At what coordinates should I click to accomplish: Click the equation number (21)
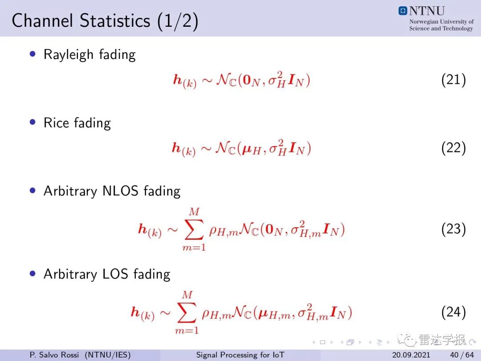pos(454,80)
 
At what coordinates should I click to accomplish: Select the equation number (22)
pos(454,148)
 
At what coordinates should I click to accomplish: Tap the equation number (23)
pos(454,230)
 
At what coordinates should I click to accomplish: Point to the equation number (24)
pos(454,312)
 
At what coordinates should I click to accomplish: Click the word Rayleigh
pos(69,55)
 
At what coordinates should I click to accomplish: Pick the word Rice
pos(56,123)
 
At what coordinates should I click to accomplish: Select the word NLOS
pos(120,191)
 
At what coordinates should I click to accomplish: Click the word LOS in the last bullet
pos(115,274)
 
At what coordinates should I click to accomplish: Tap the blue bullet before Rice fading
pos(33,122)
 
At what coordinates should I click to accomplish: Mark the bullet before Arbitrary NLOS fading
pos(33,190)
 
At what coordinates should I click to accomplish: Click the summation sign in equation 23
pos(194,230)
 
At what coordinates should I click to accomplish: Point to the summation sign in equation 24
pos(187,312)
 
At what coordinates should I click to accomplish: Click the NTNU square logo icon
pos(403,11)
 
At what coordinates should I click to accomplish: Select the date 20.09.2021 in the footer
pos(411,355)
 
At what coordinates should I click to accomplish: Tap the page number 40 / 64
pos(462,355)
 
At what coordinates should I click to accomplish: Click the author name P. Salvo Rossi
pos(54,355)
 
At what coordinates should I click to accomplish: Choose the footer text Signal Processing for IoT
pos(240,355)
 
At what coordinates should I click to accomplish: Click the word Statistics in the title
pos(115,21)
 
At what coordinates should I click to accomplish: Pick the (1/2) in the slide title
pos(178,21)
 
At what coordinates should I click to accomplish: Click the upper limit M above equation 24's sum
pos(187,295)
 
